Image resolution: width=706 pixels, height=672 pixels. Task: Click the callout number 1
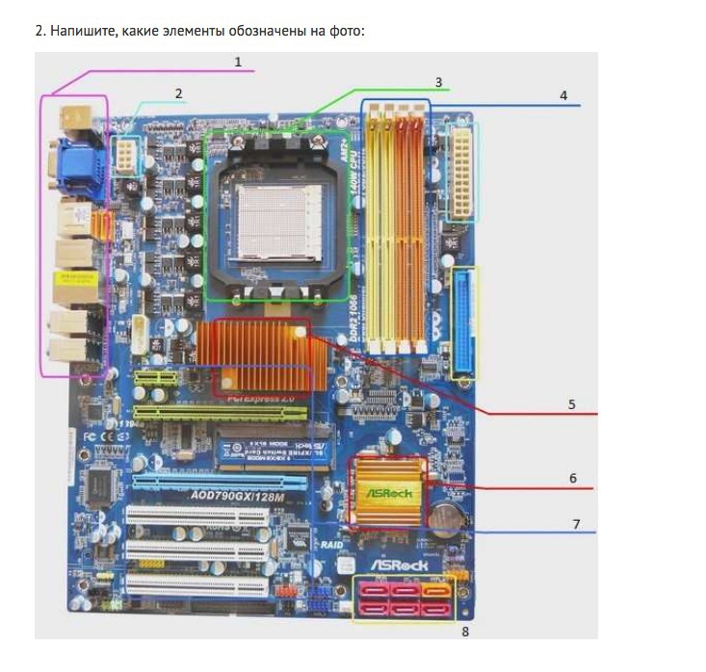coord(237,61)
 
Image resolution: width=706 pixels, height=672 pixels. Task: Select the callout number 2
coord(178,93)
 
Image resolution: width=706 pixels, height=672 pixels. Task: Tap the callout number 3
coord(438,82)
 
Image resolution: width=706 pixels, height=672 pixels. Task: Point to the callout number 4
coord(563,95)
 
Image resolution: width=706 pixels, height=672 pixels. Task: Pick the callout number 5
coord(571,404)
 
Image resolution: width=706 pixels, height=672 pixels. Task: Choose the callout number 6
coord(572,478)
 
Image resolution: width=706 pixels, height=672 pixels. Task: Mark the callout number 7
coord(576,524)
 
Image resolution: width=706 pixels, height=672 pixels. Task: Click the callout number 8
coord(465,633)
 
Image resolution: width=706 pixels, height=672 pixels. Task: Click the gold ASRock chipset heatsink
coord(388,493)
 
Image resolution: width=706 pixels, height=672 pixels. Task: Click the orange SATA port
coord(436,590)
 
